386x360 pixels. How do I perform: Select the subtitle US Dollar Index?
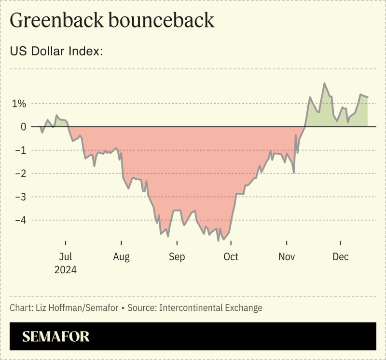[x=57, y=52]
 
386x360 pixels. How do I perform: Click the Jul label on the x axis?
[x=65, y=257]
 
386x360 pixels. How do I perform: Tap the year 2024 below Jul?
[x=65, y=270]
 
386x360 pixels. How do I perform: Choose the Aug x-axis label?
[x=121, y=257]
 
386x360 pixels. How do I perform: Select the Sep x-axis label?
[x=177, y=257]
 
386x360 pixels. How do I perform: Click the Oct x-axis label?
[x=231, y=257]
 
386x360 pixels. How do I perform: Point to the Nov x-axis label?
[x=287, y=257]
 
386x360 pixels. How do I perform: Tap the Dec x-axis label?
[x=341, y=257]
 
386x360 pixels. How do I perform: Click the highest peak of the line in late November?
[x=324, y=83]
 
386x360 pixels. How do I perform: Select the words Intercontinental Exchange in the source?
[x=211, y=307]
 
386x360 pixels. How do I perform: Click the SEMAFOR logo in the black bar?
[x=56, y=336]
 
